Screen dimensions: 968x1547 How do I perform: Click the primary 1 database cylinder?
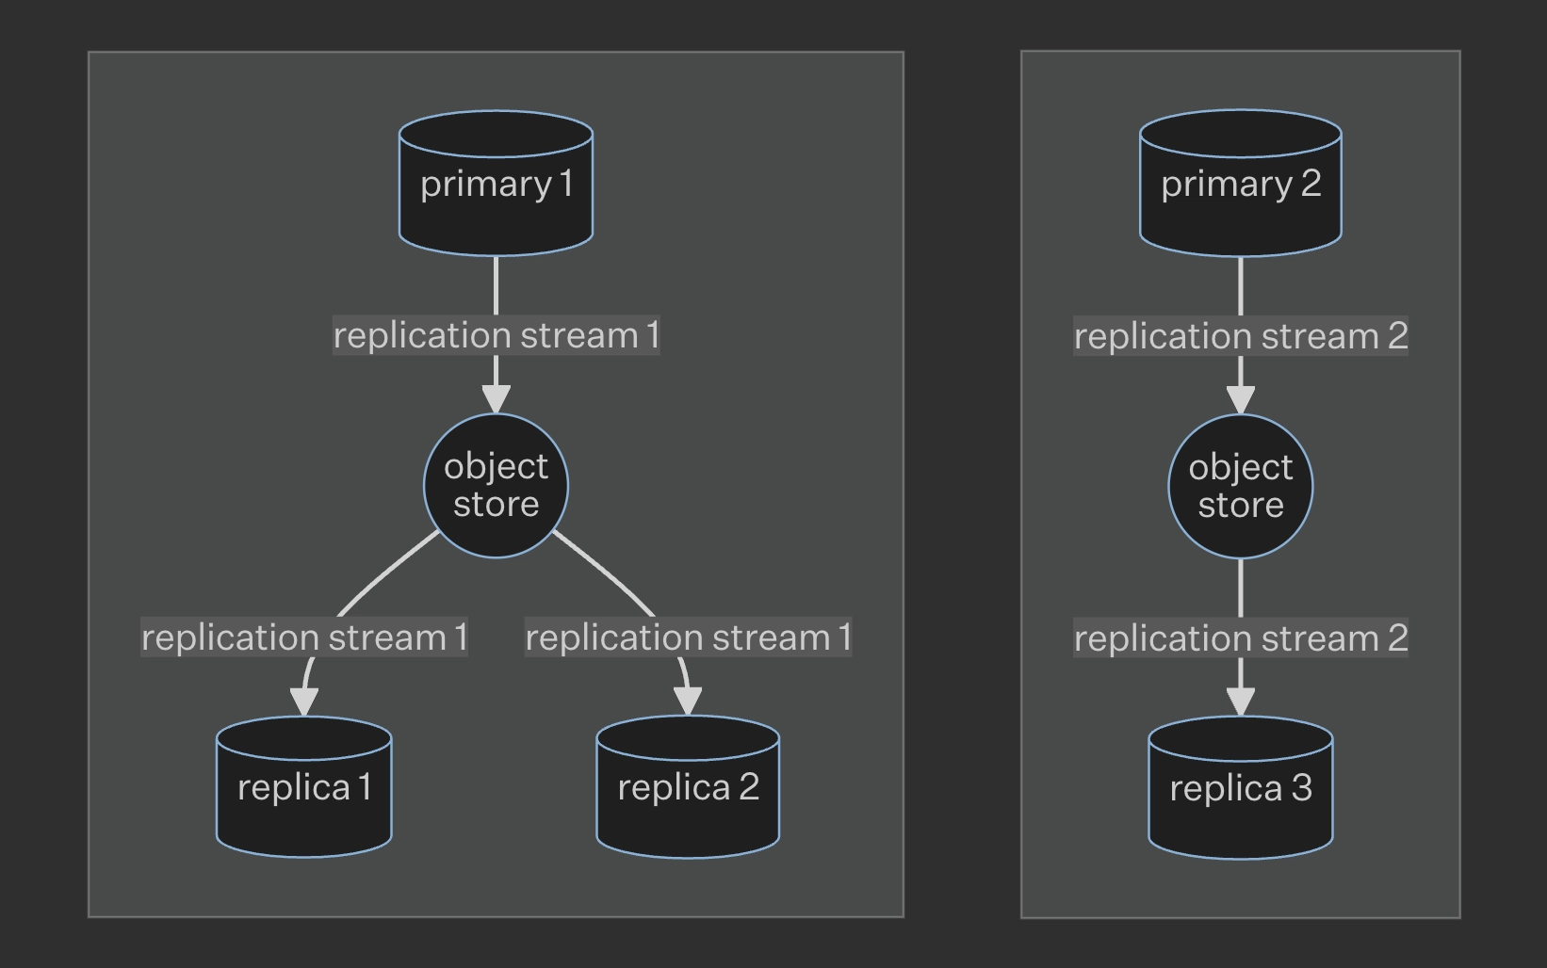(496, 184)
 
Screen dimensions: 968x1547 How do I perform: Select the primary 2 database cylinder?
(1240, 184)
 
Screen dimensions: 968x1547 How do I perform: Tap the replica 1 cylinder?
(303, 787)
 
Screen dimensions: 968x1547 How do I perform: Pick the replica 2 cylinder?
(688, 787)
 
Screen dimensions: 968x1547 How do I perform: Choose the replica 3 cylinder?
(1240, 788)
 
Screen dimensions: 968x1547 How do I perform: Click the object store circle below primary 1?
(496, 485)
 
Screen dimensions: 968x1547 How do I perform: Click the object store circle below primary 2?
(1240, 486)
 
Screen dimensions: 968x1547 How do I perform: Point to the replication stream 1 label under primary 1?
(496, 335)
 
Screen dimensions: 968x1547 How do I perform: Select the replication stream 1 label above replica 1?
(303, 637)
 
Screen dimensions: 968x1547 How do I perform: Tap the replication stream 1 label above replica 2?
(688, 637)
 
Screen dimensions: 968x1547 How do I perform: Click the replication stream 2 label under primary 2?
(1240, 336)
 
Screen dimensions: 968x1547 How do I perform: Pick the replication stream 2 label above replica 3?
(1240, 638)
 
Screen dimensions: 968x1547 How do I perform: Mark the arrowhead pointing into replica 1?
(303, 702)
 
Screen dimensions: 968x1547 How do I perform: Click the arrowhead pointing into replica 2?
(689, 702)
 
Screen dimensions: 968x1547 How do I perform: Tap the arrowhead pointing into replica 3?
(1240, 702)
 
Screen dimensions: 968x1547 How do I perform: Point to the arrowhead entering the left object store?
(496, 398)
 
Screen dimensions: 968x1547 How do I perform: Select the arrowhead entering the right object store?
(1240, 399)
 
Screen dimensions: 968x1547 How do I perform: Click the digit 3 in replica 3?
(1301, 788)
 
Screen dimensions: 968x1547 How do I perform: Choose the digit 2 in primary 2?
(1311, 184)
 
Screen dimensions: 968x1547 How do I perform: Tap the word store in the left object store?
(496, 505)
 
